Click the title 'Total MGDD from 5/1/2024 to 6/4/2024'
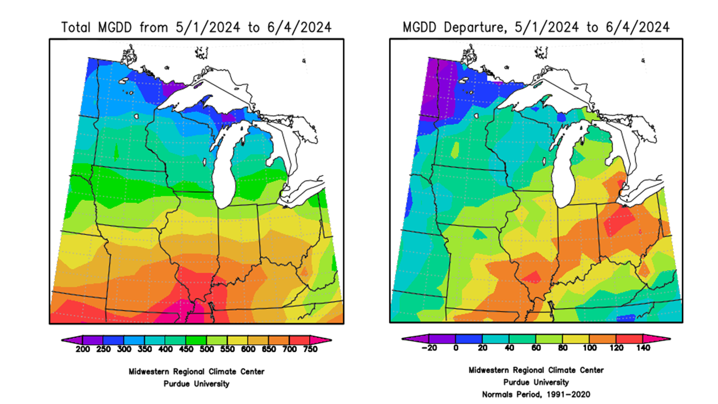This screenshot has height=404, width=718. (x=196, y=27)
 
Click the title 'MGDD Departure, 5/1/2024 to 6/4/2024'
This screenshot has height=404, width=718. (x=536, y=27)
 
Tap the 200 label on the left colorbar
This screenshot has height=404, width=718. (x=83, y=349)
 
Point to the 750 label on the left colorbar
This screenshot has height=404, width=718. (x=310, y=349)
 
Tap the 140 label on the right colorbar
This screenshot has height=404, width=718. (x=643, y=348)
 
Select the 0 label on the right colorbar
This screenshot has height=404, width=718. (x=455, y=348)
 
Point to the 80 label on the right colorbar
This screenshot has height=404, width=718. (x=563, y=348)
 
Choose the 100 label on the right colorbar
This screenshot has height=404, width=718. (x=590, y=348)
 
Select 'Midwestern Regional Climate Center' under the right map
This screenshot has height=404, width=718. (x=536, y=370)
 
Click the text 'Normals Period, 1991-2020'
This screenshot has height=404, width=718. (x=536, y=394)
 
